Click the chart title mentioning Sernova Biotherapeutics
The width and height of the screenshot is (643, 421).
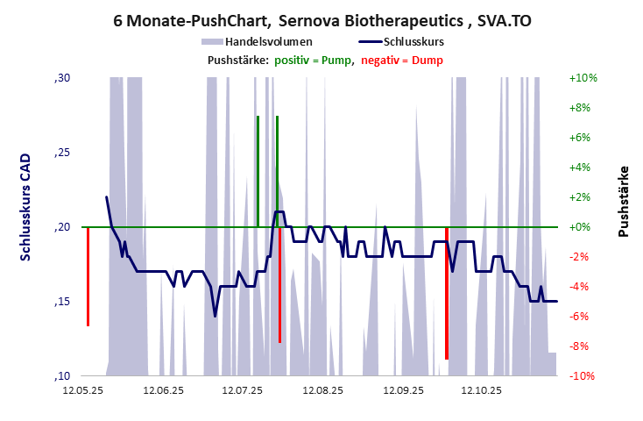(x=321, y=19)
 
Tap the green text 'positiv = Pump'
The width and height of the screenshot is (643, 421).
(x=314, y=60)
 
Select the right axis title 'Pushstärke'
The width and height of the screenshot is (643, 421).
(x=624, y=201)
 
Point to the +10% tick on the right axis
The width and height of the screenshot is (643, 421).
(x=583, y=78)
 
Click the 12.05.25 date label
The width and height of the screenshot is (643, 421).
(x=84, y=390)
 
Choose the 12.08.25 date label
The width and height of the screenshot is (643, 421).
(x=323, y=390)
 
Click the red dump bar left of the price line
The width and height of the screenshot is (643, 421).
(x=88, y=276)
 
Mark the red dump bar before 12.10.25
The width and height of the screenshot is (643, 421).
(x=447, y=293)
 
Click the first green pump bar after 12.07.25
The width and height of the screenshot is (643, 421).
(x=258, y=171)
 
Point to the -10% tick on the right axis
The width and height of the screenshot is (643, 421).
(x=583, y=376)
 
